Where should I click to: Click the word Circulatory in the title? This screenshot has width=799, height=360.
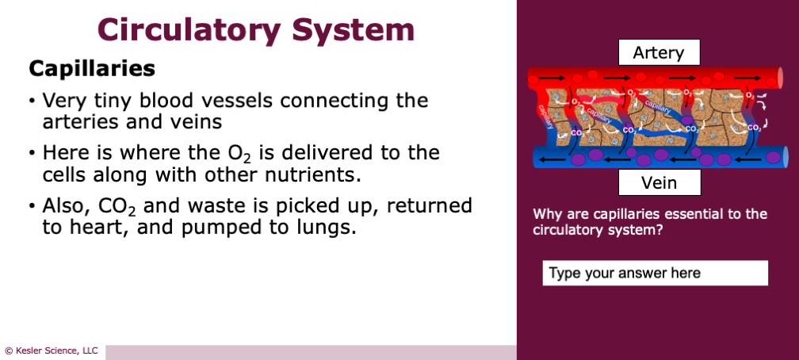tap(189, 30)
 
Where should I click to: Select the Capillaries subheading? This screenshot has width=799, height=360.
tap(91, 69)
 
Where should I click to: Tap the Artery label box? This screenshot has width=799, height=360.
tap(659, 53)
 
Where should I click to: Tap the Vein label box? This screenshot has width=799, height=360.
tap(659, 183)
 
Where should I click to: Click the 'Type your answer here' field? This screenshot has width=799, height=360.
tap(655, 273)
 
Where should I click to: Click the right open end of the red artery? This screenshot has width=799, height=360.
tap(780, 78)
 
